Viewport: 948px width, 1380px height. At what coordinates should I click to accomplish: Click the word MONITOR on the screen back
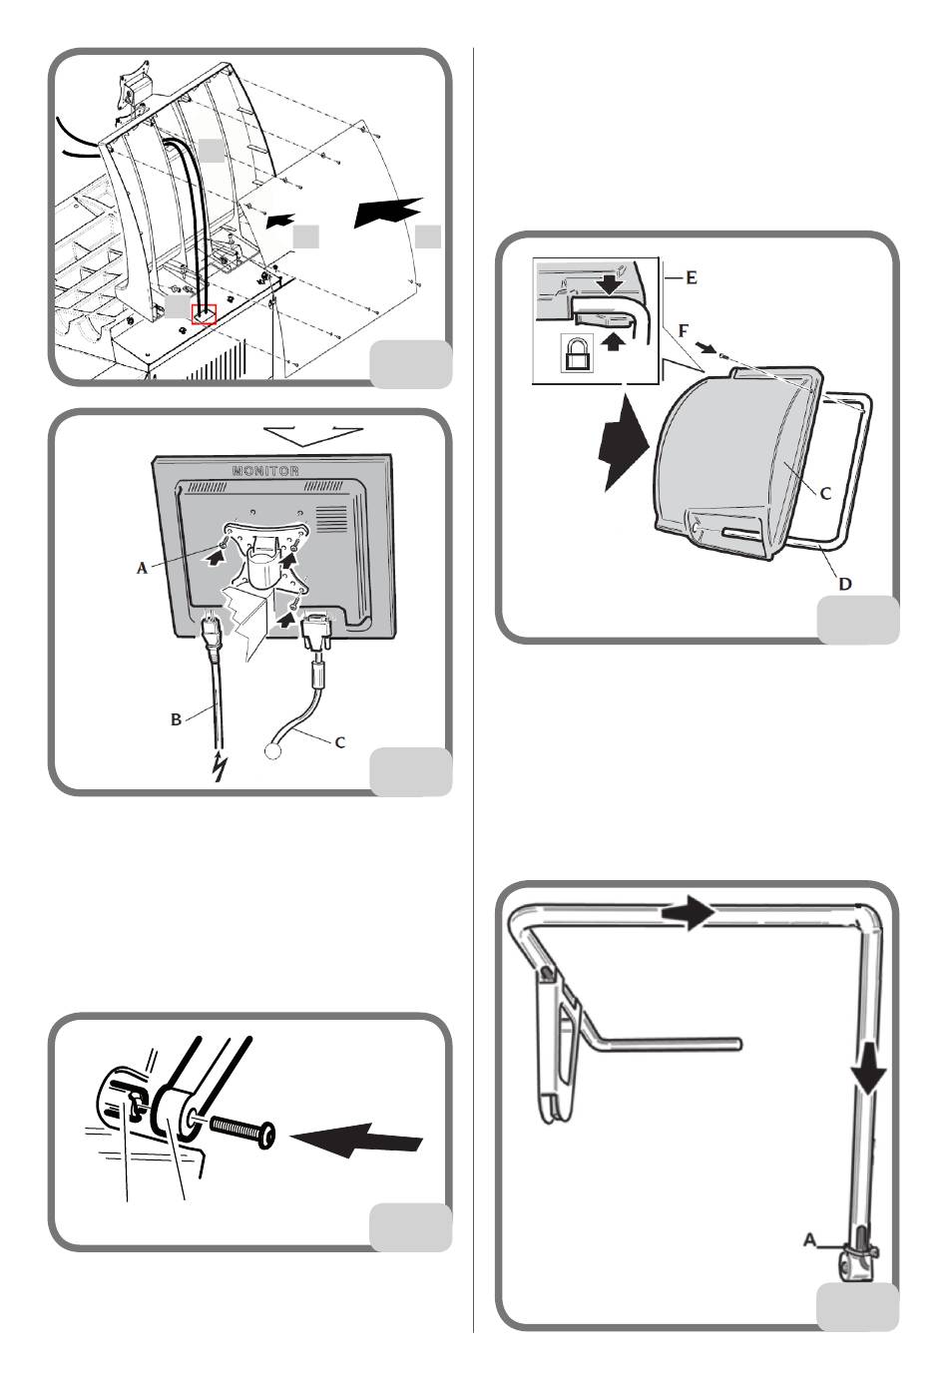click(265, 470)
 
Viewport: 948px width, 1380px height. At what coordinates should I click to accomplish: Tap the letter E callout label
click(691, 277)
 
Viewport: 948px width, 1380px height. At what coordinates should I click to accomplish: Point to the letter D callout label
click(845, 583)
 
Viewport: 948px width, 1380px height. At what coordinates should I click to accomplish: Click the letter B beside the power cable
click(177, 718)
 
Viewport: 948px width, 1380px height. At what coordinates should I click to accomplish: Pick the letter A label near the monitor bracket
click(143, 568)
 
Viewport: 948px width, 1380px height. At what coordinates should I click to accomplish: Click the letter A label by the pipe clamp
click(811, 1240)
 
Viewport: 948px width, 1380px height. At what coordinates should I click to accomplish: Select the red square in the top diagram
click(204, 313)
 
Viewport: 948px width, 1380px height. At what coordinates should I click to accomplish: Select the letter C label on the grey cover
click(825, 492)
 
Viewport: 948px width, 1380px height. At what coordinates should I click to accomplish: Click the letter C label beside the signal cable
click(340, 742)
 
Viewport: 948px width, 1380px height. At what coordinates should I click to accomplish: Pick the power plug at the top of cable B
click(210, 631)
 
